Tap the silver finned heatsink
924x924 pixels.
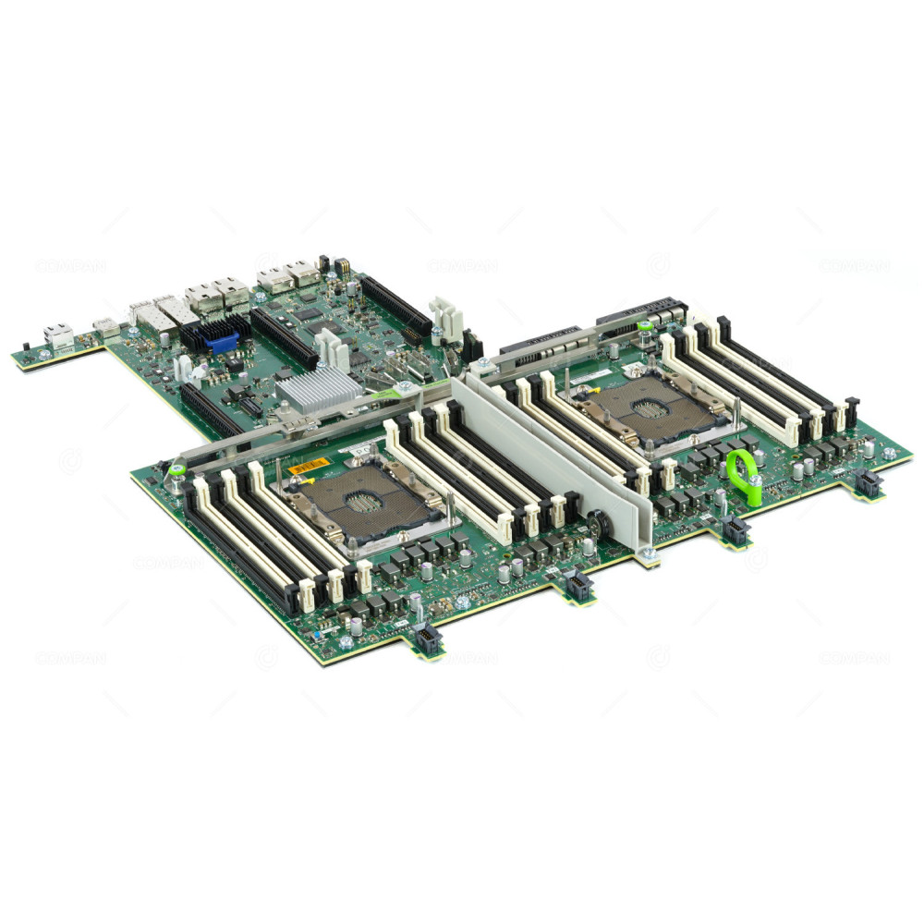(x=318, y=390)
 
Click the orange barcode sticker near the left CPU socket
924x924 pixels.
(x=300, y=468)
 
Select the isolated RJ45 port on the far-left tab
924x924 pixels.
(x=58, y=335)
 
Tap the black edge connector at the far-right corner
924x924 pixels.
(x=866, y=481)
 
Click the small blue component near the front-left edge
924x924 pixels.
(x=320, y=620)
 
